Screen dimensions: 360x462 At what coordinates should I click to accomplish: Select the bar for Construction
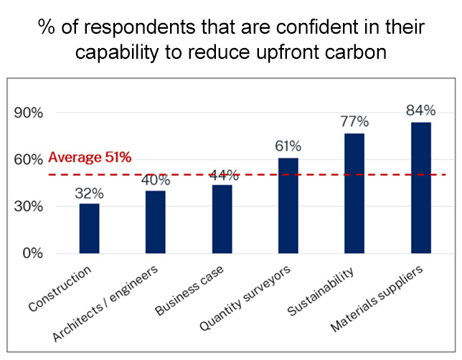(90, 228)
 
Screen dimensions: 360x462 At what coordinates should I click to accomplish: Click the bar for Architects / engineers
(156, 222)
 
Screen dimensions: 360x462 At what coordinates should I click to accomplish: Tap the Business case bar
(222, 219)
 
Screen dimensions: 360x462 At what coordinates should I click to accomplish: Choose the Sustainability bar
(354, 193)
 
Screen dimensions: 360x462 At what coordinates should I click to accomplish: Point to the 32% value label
(90, 194)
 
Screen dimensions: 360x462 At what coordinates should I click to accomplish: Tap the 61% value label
(288, 147)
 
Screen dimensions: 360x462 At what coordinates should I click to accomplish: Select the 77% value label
(354, 122)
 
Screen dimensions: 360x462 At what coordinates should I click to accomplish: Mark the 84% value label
(420, 110)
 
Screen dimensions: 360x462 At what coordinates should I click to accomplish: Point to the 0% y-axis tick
(32, 253)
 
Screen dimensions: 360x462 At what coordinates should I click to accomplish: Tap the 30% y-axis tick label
(29, 207)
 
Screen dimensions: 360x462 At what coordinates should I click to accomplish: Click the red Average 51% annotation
(90, 158)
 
